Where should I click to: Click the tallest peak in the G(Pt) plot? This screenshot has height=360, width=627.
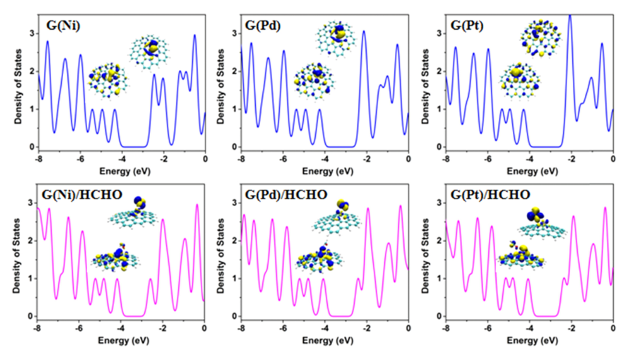pyautogui.click(x=570, y=16)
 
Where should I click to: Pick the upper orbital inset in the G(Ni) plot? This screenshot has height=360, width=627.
pyautogui.click(x=149, y=50)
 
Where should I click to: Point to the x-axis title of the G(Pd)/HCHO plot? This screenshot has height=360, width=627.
pyautogui.click(x=325, y=341)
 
